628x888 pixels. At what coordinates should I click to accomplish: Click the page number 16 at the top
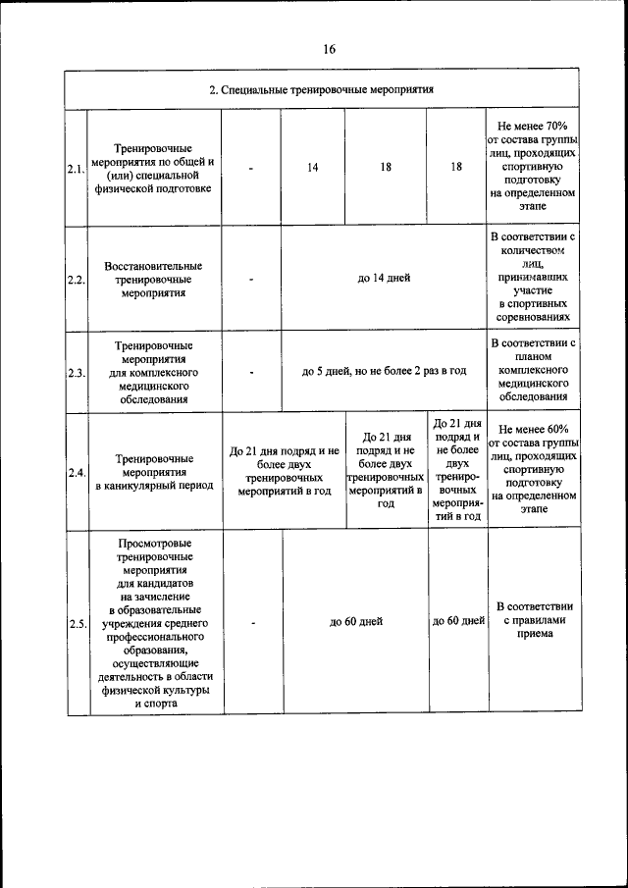[x=329, y=50]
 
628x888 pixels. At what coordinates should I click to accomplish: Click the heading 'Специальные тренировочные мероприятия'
[x=321, y=89]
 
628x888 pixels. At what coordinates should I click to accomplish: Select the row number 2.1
[x=77, y=168]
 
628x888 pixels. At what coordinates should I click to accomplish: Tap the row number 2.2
[x=77, y=279]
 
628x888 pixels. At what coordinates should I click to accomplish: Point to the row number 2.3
[x=77, y=373]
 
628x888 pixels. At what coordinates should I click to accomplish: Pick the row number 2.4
[x=77, y=472]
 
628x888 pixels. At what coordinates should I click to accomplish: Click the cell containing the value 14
[x=312, y=168]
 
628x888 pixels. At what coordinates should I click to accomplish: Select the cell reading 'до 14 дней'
[x=384, y=279]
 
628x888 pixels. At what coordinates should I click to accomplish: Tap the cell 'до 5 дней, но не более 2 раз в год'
[x=384, y=372]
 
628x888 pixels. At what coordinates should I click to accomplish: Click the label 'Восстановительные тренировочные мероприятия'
[x=154, y=279]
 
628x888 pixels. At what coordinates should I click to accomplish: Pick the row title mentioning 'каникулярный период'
[x=154, y=472]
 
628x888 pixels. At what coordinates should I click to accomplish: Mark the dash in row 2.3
[x=252, y=373]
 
